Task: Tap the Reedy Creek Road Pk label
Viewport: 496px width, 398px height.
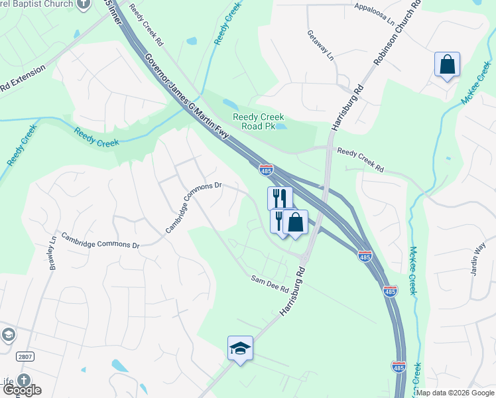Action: point(259,122)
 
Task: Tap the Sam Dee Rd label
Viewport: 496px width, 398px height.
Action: point(269,283)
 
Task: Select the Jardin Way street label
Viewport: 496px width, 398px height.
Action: point(479,257)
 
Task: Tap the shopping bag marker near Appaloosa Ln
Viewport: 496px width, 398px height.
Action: point(448,65)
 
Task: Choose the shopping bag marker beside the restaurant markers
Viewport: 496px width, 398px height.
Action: point(295,222)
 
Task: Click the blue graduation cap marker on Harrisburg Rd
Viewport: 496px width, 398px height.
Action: point(241,348)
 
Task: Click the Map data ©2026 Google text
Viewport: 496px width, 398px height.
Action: point(455,393)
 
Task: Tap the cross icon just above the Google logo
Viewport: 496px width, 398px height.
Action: point(24,380)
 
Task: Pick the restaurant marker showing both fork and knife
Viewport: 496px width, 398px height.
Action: point(280,198)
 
